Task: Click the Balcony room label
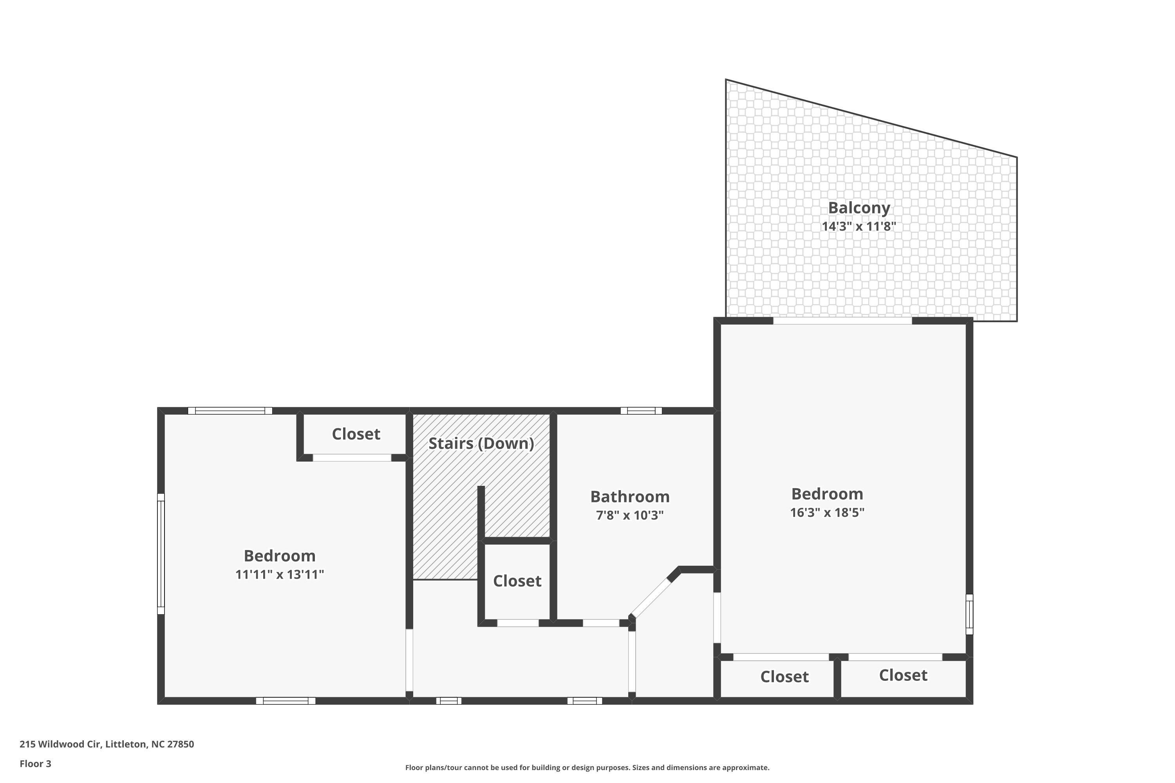point(859,208)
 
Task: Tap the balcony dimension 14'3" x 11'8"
point(859,226)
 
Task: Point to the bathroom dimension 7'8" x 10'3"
point(629,515)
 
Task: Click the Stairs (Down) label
point(481,444)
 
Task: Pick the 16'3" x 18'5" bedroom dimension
point(827,512)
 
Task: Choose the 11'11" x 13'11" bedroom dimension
point(279,574)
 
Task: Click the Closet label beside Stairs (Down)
point(356,434)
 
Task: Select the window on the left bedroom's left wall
point(161,554)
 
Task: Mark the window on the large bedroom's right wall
point(969,614)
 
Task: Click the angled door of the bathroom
point(649,597)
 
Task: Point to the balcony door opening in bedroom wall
point(842,321)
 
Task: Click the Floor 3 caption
point(36,763)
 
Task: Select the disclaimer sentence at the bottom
point(587,767)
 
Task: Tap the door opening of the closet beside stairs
point(352,457)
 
